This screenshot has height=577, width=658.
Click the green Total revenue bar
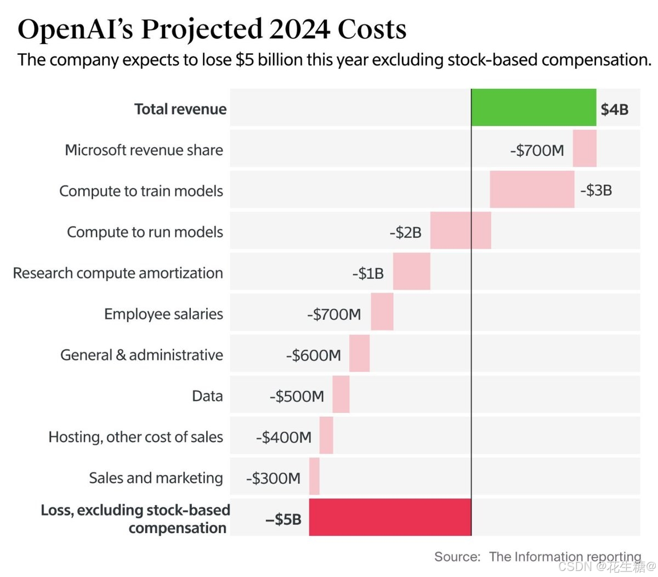pos(534,108)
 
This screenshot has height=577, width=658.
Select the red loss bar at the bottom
pos(390,517)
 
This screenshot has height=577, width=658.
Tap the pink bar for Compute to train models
pos(532,190)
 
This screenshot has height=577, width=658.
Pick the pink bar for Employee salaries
pos(382,312)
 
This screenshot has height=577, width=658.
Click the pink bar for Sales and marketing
pos(314,476)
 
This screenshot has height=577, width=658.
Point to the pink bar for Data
pos(341,394)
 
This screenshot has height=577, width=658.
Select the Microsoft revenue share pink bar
pos(585,149)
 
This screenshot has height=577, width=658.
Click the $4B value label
pos(614,109)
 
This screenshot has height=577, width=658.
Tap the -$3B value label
pos(596,190)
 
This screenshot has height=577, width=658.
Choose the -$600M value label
pos(313,355)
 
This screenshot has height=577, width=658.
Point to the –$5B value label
pos(283,519)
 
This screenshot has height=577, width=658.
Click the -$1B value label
pos(368,273)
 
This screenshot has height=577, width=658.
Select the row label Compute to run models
pos(145,232)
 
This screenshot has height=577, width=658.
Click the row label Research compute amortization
pos(118,273)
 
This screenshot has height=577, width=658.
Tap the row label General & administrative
pos(141,355)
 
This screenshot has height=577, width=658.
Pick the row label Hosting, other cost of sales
pos(135,437)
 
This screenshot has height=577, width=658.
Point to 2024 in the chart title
pos(299,30)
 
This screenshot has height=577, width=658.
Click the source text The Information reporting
pos(565,557)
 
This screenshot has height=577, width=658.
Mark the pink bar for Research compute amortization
pos(411,271)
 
